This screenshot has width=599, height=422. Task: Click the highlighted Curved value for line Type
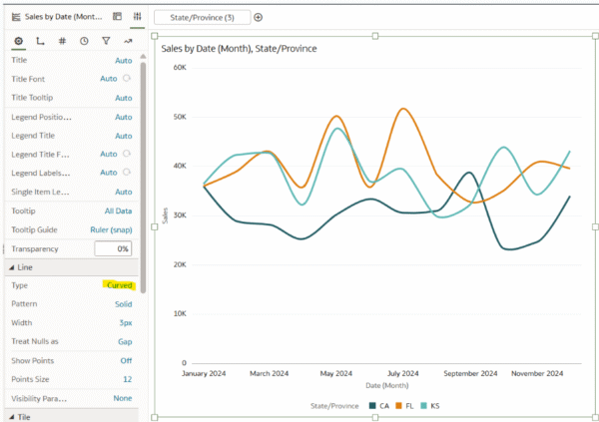(x=120, y=285)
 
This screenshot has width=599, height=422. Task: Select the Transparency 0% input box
(x=113, y=248)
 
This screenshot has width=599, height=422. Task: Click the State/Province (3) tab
(x=202, y=18)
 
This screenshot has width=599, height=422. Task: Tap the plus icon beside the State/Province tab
(x=259, y=17)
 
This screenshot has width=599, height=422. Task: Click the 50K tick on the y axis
(x=180, y=117)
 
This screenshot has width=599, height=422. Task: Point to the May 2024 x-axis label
(x=336, y=373)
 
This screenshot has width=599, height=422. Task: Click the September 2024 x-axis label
(x=470, y=373)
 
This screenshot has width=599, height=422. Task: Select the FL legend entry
(x=405, y=406)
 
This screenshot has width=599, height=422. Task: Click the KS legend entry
(x=430, y=406)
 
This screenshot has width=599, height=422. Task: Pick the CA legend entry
(x=379, y=406)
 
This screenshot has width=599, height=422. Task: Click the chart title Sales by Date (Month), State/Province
(x=239, y=49)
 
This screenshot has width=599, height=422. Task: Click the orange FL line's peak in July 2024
(x=403, y=109)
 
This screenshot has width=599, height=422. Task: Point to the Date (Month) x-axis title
(x=387, y=386)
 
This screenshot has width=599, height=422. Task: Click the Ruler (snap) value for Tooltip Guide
(x=111, y=229)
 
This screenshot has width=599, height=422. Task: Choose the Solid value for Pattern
(x=124, y=304)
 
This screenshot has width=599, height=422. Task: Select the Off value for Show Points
(x=126, y=360)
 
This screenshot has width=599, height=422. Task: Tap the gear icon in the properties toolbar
(x=18, y=41)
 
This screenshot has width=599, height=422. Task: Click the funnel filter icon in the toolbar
(x=106, y=41)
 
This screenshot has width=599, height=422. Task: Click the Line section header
(x=25, y=267)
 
